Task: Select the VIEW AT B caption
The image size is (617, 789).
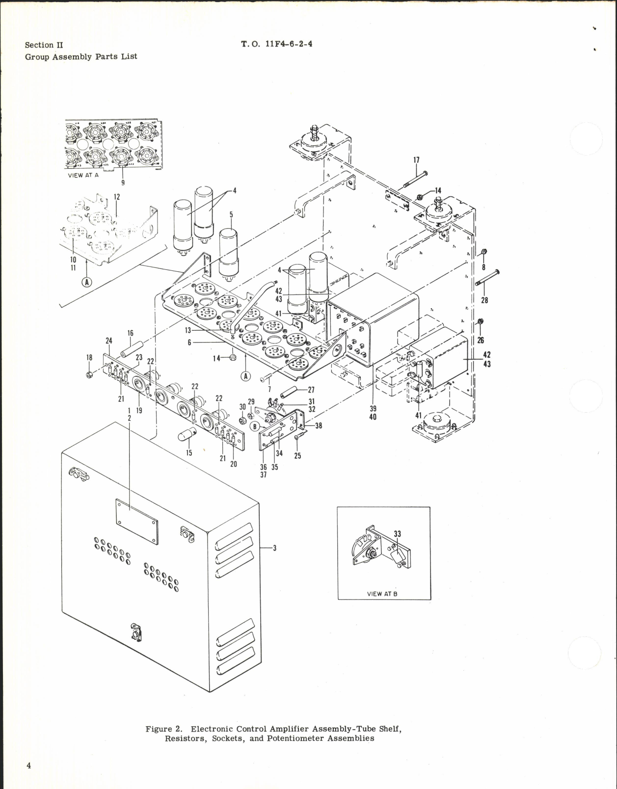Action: (382, 594)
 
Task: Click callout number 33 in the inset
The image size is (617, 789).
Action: (397, 534)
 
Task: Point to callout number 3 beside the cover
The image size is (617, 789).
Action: (274, 548)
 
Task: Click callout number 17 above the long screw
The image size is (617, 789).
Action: (417, 160)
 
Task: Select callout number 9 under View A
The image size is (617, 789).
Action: (123, 183)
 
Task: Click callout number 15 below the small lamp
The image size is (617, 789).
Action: (189, 453)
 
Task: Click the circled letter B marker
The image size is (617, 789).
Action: (255, 426)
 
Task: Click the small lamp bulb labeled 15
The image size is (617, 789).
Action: (189, 434)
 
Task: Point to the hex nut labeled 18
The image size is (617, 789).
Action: (90, 375)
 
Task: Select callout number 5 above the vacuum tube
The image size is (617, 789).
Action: (231, 215)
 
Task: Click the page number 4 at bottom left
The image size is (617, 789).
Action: (29, 765)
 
